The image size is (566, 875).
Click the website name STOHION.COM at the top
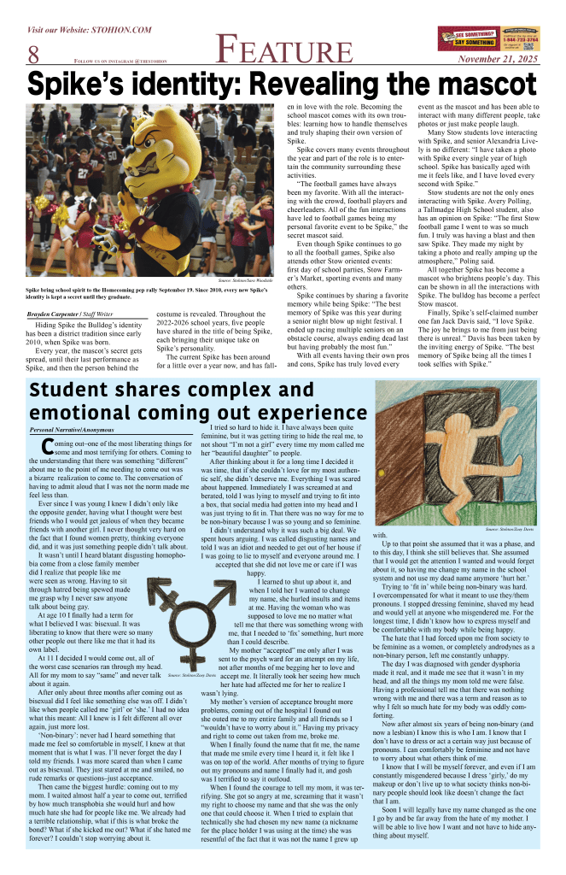tap(120, 30)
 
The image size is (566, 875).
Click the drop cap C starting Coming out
tap(36, 448)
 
